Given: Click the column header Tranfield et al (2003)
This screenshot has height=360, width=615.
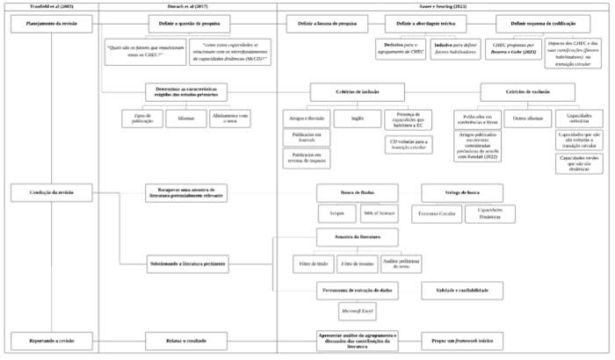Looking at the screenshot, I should pos(51,6).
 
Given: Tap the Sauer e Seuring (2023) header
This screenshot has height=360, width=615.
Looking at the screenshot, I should pos(445,6).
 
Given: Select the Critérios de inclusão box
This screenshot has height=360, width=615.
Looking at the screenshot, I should pos(357,90).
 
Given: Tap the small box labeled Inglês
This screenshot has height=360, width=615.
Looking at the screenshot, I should pos(357,117).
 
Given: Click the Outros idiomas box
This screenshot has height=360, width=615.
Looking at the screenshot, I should pos(525,117).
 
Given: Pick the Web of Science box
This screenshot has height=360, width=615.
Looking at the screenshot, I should pos(380,212).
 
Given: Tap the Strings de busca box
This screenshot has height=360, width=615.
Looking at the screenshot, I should pos(462,192).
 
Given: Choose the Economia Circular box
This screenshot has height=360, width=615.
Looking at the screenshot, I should pos(436,212).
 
